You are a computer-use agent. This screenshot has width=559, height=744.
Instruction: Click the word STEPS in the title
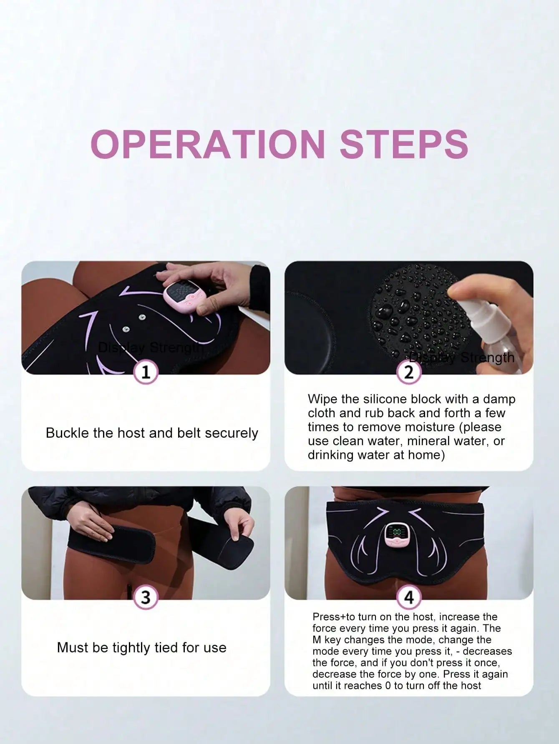(x=404, y=144)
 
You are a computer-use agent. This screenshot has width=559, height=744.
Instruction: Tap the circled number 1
(x=146, y=372)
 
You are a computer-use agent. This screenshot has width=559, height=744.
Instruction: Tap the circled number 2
(x=409, y=372)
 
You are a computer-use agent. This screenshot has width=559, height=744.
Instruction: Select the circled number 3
(x=146, y=597)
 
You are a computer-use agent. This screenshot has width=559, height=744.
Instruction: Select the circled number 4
(x=409, y=597)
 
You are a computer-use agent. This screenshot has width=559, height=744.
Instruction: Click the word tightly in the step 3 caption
(x=131, y=647)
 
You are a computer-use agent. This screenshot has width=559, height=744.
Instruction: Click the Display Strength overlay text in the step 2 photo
(x=462, y=358)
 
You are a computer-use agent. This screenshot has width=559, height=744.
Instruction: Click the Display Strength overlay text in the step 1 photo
(x=150, y=347)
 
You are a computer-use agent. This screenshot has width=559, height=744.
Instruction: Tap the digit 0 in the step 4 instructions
(x=388, y=686)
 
